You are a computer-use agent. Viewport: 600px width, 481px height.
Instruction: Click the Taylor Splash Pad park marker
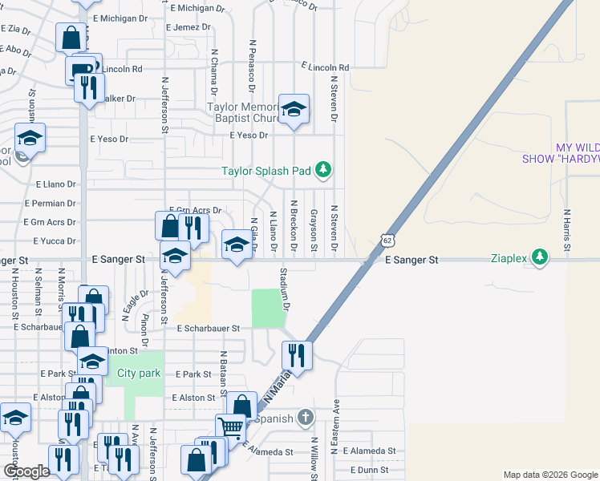(x=322, y=169)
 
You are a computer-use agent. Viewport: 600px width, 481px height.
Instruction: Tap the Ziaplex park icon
(x=541, y=257)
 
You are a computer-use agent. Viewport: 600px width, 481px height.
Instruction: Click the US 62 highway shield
(x=387, y=240)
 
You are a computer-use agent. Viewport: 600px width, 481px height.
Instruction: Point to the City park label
(x=139, y=374)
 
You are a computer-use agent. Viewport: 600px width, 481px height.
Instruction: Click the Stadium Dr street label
(x=284, y=289)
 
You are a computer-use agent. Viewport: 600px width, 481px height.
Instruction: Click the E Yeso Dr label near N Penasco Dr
(x=249, y=135)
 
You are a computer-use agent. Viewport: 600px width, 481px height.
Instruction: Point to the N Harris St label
(x=566, y=228)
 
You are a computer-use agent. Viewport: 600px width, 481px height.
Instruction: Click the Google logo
(x=26, y=471)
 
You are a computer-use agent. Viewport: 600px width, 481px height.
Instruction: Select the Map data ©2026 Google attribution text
(x=550, y=475)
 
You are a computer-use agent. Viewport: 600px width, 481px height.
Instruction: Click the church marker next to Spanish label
(x=305, y=416)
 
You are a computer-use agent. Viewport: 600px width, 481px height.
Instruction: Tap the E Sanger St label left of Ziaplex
(x=411, y=261)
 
